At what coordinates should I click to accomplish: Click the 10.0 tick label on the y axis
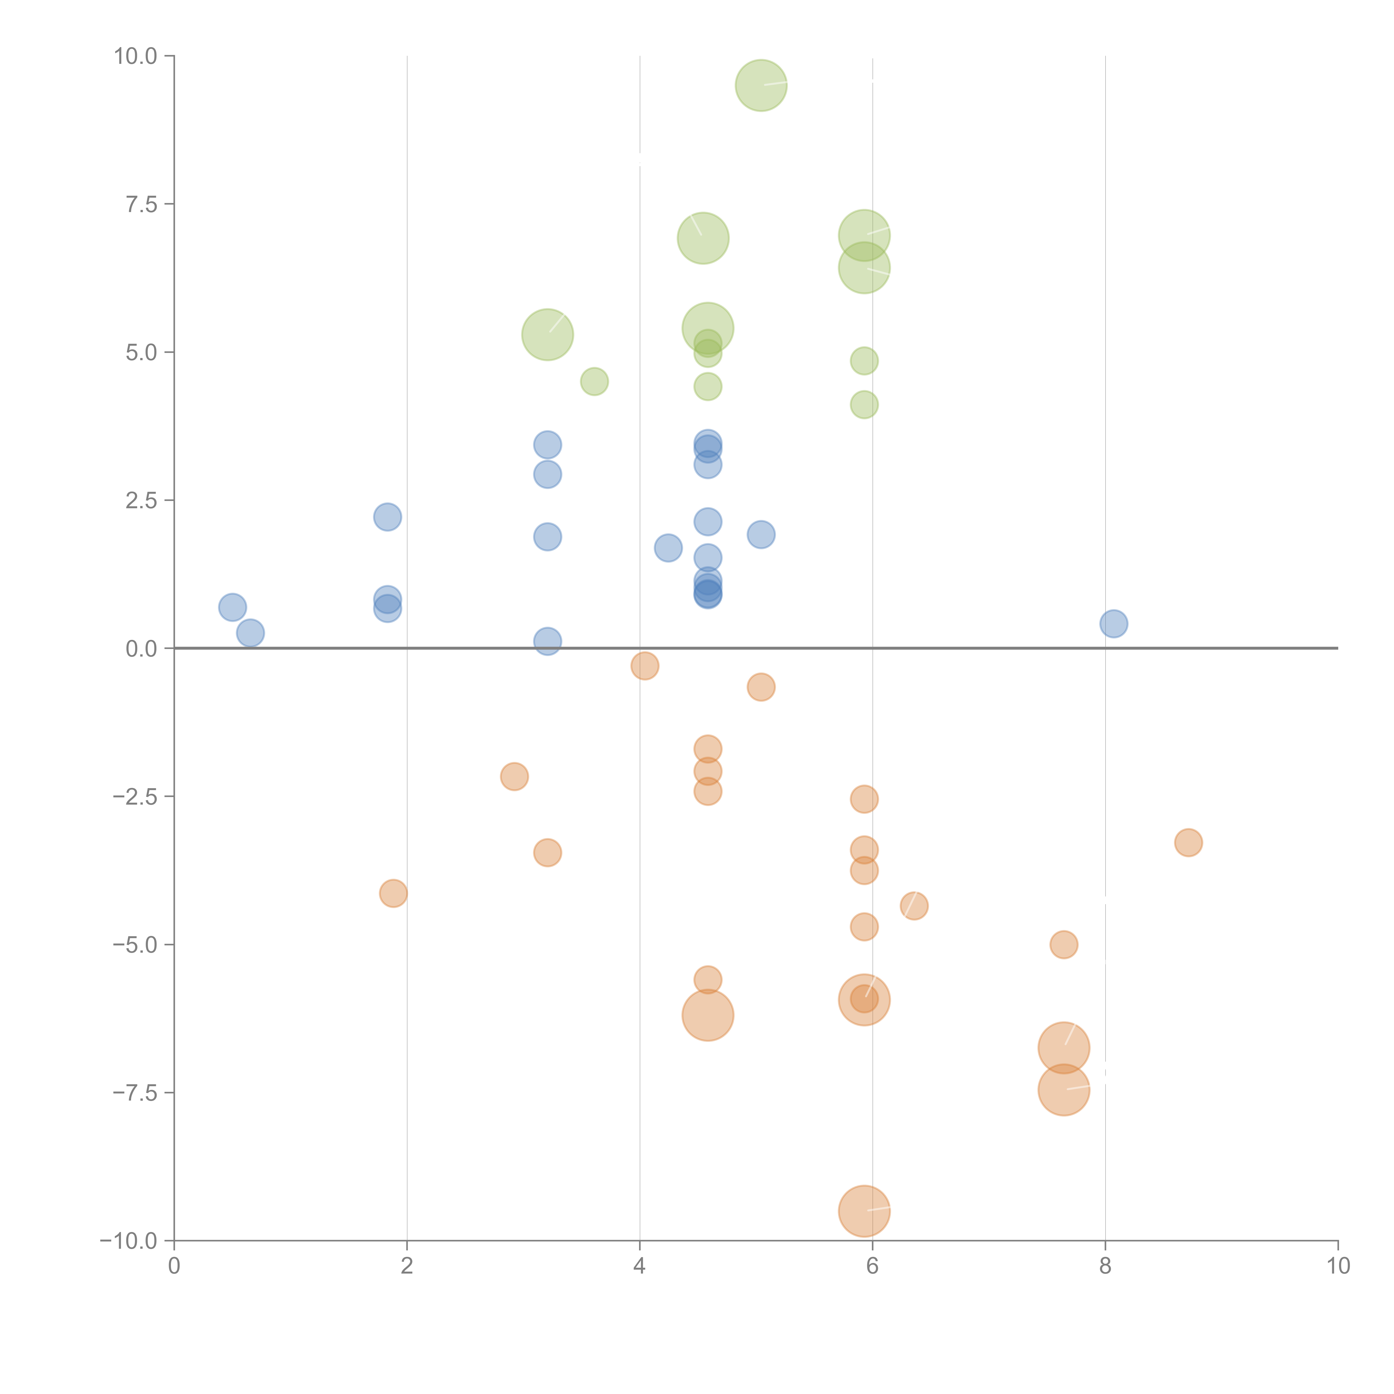tap(136, 56)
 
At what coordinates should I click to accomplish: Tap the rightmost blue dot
tap(1113, 623)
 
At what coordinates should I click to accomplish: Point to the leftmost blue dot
tap(232, 608)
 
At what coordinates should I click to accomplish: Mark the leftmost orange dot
tap(393, 893)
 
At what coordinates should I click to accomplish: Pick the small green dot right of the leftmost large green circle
tap(594, 381)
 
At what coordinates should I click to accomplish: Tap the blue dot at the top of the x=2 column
tap(388, 517)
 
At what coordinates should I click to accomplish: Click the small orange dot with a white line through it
tap(913, 906)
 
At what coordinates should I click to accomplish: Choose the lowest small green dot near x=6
tap(864, 405)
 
